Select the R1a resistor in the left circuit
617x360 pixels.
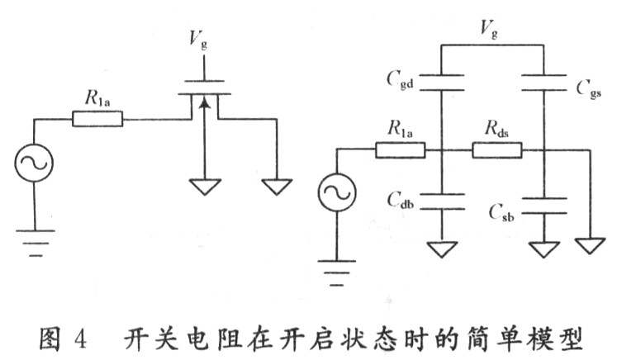point(98,120)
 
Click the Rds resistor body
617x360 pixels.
point(497,150)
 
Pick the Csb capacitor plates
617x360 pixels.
point(545,205)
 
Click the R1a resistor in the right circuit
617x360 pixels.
point(401,150)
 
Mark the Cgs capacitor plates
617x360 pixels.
point(545,79)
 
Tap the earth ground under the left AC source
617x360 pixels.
point(35,240)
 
